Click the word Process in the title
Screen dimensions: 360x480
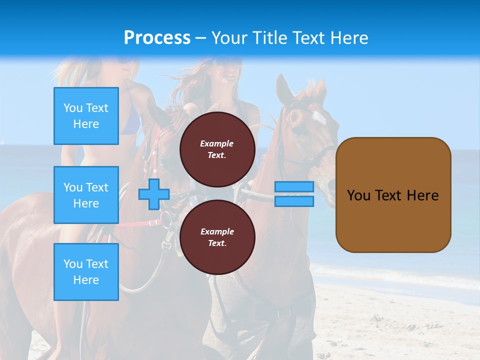(x=157, y=38)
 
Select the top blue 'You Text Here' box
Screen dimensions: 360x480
(x=86, y=116)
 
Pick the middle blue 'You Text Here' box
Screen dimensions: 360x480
(x=86, y=195)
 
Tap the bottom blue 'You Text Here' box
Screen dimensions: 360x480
(x=86, y=271)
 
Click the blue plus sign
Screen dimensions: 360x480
(x=154, y=194)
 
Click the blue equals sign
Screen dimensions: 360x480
(x=294, y=194)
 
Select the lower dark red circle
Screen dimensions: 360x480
(x=217, y=237)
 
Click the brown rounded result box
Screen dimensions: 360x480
(x=393, y=195)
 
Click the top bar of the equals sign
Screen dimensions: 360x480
(x=294, y=186)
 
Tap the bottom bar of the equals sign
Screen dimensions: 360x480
(x=294, y=201)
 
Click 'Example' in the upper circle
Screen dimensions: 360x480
(x=217, y=144)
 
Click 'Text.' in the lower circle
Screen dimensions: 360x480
(x=217, y=243)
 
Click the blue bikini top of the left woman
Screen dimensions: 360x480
(x=131, y=123)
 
